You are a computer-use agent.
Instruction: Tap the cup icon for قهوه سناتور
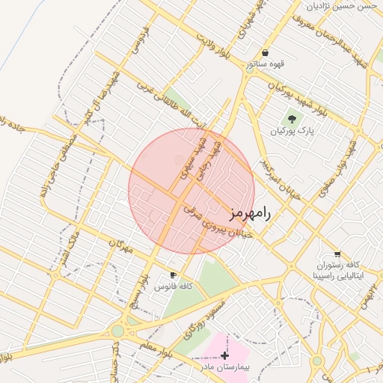click(x=266, y=53)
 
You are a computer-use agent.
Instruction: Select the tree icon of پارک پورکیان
click(x=292, y=117)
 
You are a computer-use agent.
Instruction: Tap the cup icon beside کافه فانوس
click(x=174, y=275)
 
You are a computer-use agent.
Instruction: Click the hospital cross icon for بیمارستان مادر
click(x=224, y=354)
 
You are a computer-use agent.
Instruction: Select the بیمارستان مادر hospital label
click(x=224, y=367)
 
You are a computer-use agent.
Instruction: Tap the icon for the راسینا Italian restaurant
click(x=337, y=254)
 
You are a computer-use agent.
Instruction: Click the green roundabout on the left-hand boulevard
click(x=117, y=331)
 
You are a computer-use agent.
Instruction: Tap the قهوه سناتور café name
click(x=266, y=64)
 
